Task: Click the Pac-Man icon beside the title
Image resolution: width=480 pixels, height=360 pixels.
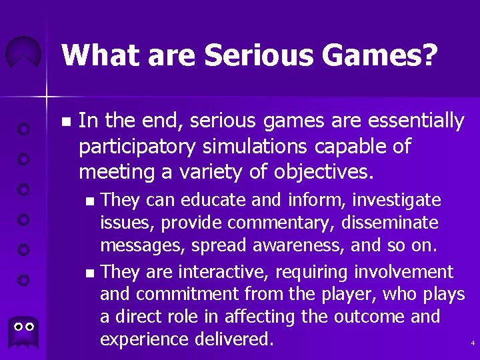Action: [x=23, y=53]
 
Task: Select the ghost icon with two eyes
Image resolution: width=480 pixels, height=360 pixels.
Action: [x=25, y=329]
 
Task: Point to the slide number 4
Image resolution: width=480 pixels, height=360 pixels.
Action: [x=472, y=343]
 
